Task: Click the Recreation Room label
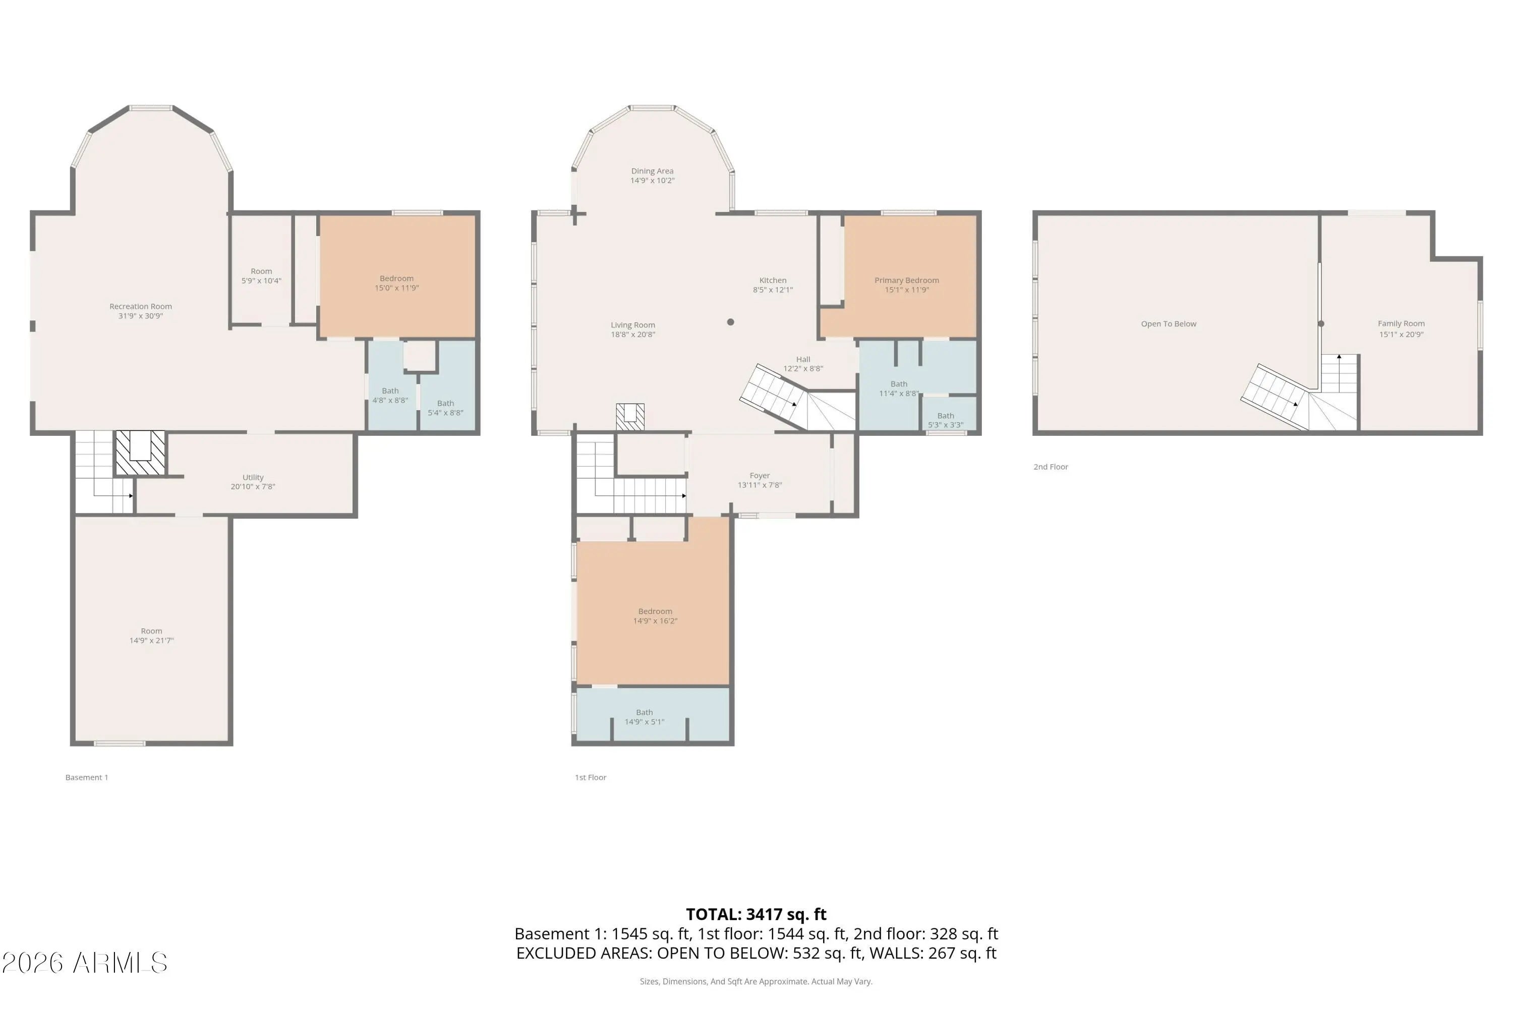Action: click(140, 307)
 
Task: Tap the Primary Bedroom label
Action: click(906, 281)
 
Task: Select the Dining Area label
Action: click(652, 171)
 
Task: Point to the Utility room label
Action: click(253, 477)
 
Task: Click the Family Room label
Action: click(1401, 324)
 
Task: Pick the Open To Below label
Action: click(1168, 324)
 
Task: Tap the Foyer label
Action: click(760, 476)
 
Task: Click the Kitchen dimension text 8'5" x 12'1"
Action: click(773, 290)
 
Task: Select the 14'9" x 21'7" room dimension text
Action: click(151, 640)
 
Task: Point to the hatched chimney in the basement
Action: click(140, 453)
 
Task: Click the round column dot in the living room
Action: click(730, 322)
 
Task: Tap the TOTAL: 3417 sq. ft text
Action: click(756, 914)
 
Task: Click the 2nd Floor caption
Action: click(1051, 467)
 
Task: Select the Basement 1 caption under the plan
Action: click(86, 777)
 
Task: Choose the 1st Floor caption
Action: click(591, 777)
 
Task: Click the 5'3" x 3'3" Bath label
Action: click(946, 420)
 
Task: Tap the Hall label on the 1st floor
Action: click(803, 360)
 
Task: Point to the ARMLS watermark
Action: click(84, 963)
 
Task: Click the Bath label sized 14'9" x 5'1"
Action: click(645, 717)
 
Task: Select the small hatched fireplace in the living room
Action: click(630, 417)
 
